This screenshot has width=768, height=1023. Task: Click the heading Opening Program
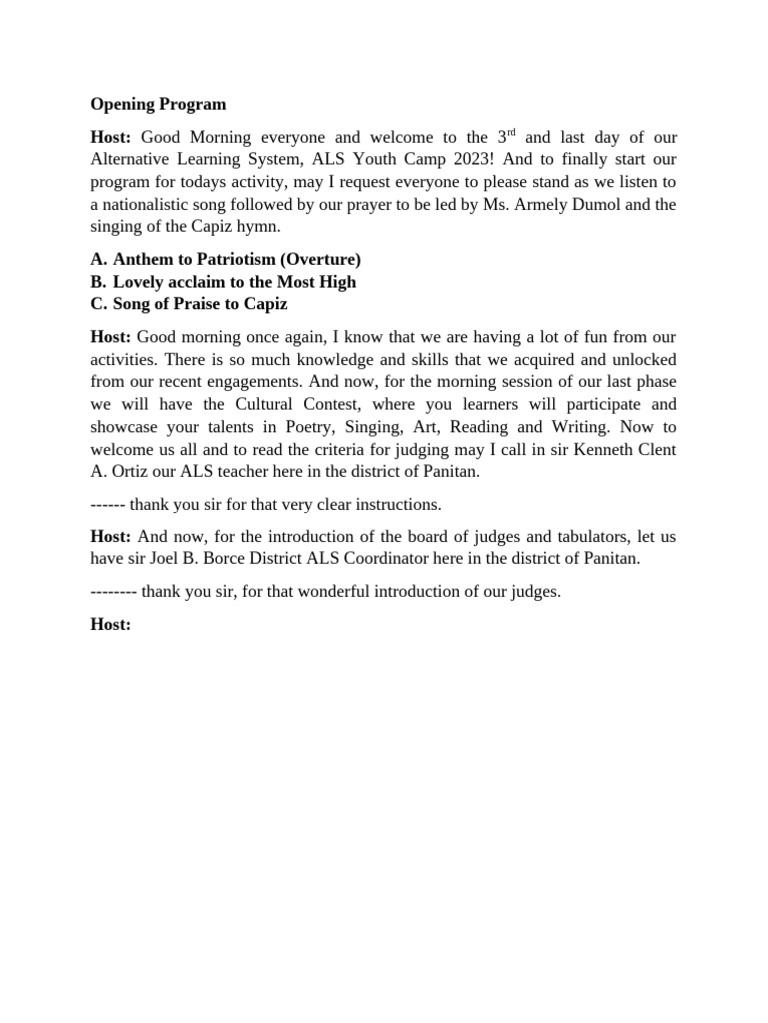[x=158, y=104]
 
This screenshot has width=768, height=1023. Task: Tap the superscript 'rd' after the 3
[x=516, y=132]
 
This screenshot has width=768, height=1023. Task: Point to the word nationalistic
[x=150, y=205]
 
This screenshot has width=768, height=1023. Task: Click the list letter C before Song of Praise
[x=98, y=304]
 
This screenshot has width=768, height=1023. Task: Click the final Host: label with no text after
[x=111, y=624]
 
